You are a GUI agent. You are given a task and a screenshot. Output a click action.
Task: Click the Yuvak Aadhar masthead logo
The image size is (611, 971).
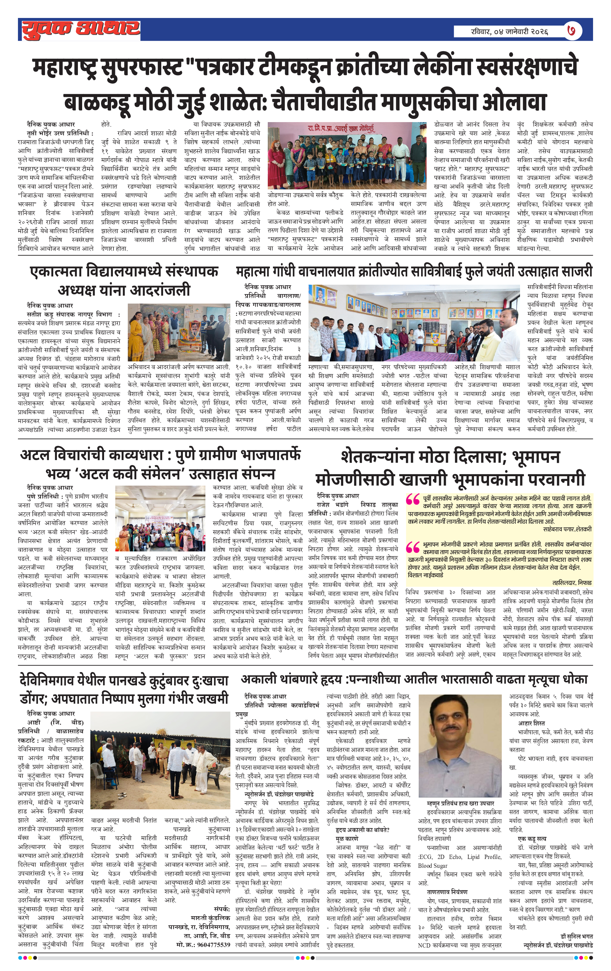[x=81, y=30]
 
